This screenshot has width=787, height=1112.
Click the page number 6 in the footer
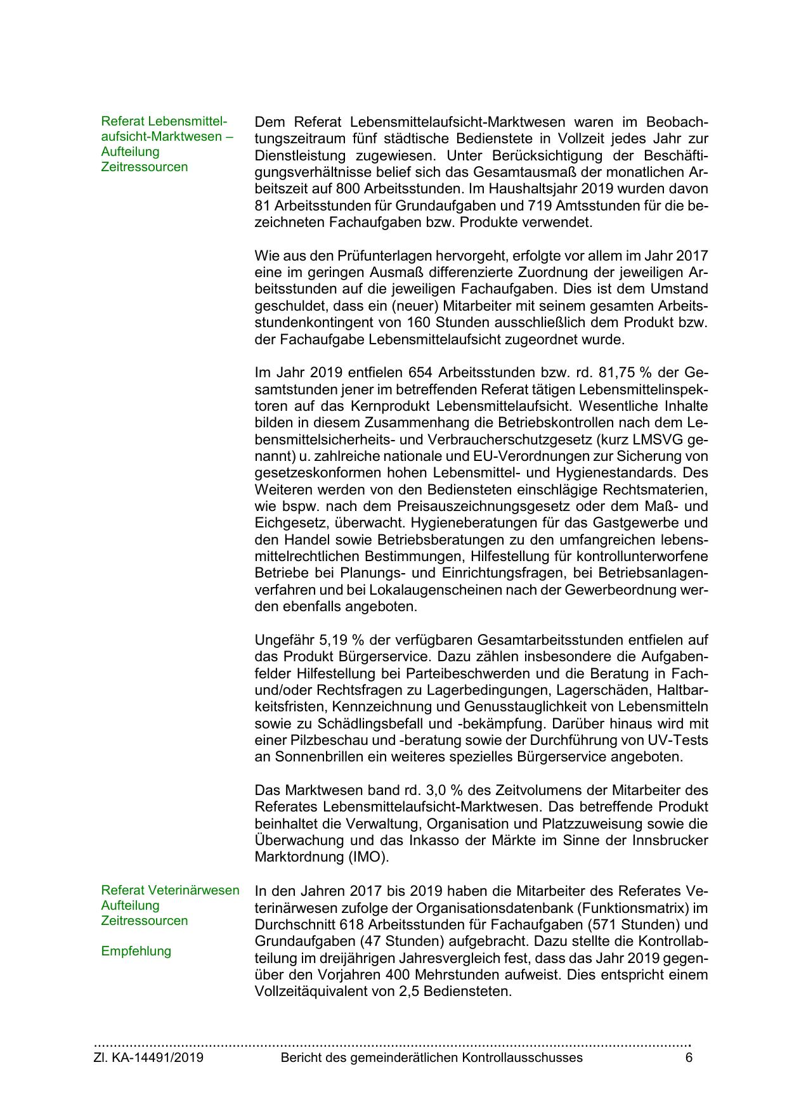[x=689, y=1057]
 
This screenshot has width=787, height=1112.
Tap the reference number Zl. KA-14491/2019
[x=148, y=1057]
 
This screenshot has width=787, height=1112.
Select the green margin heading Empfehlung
[x=136, y=951]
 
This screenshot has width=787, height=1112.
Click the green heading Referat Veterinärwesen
[x=170, y=890]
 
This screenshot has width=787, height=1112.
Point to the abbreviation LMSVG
[x=641, y=439]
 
